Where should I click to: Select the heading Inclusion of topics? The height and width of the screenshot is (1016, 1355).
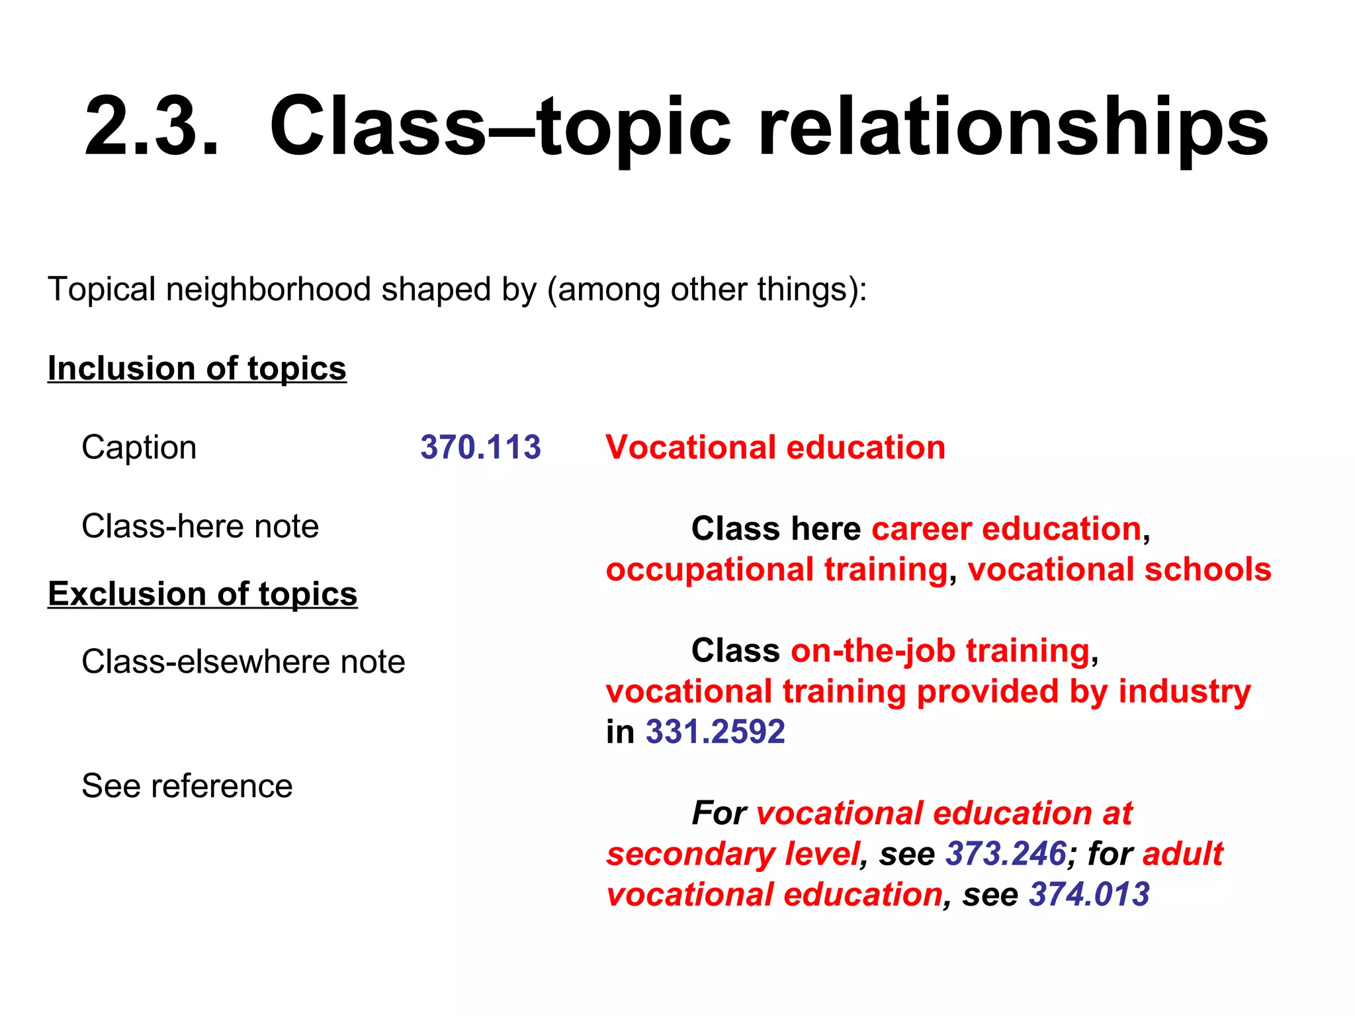(x=197, y=368)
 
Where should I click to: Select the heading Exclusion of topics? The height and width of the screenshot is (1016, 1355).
(x=202, y=594)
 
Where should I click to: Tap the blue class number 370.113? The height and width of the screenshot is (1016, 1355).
(x=480, y=447)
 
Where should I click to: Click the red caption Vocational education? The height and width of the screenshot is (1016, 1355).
(x=775, y=447)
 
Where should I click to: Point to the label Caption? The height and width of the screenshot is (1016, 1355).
(x=139, y=447)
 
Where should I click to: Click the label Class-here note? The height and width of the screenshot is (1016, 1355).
(x=200, y=527)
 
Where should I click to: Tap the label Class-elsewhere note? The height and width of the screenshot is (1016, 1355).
(x=243, y=661)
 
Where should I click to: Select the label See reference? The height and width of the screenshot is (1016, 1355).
(x=187, y=786)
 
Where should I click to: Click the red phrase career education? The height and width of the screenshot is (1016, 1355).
(x=1006, y=529)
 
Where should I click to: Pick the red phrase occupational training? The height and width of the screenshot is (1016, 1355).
(x=776, y=570)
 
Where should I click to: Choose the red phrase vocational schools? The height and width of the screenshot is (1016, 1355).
(x=1119, y=570)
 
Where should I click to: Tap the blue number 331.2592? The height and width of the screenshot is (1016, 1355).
(x=715, y=732)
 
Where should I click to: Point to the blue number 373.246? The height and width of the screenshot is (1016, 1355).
(x=1006, y=854)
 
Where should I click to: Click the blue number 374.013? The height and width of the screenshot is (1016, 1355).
(x=1089, y=895)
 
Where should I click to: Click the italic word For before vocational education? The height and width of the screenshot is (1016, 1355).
(x=719, y=814)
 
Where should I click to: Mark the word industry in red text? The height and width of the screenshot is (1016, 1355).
(x=1184, y=691)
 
